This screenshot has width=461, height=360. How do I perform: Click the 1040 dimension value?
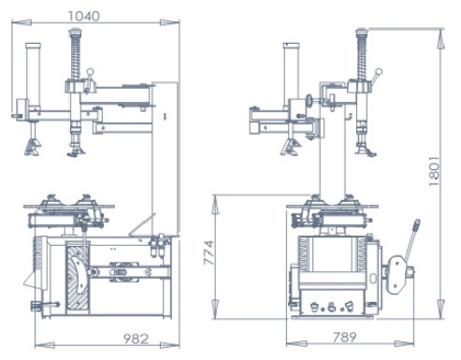tap(84, 16)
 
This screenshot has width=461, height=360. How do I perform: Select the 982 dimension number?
tap(136, 338)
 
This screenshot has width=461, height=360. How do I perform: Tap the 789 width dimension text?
tap(344, 338)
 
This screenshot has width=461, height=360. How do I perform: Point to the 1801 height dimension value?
tap(434, 171)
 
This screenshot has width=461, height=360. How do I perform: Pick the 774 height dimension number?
tap(209, 252)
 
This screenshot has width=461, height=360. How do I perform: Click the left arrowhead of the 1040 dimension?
tap(22, 22)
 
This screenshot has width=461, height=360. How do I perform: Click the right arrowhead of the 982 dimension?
tap(170, 345)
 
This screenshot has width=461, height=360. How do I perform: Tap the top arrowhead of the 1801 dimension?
tap(440, 38)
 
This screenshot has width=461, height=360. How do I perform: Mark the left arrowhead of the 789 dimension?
tap(296, 344)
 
